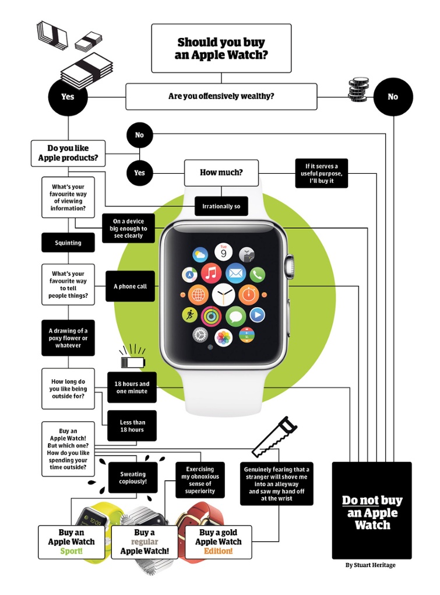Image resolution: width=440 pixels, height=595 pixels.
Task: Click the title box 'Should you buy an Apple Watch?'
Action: click(221, 48)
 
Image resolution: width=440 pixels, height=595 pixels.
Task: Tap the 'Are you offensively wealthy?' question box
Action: click(221, 96)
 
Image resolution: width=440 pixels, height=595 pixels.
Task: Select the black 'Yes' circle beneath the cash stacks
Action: click(68, 96)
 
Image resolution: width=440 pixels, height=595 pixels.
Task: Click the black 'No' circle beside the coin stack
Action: click(393, 97)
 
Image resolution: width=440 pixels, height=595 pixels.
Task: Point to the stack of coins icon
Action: click(358, 90)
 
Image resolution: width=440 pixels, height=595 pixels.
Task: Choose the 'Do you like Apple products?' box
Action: click(68, 153)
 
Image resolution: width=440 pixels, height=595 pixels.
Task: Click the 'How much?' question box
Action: click(221, 173)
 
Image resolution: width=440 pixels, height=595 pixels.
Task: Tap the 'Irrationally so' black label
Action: click(221, 206)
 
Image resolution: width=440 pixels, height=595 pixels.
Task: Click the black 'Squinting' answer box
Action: click(68, 243)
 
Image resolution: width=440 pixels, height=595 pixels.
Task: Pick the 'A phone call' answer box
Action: click(130, 286)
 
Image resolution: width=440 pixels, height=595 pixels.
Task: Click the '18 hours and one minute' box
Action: click(132, 388)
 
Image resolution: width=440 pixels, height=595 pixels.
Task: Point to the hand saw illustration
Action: click(274, 437)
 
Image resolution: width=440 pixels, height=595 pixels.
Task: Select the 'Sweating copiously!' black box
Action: click(133, 478)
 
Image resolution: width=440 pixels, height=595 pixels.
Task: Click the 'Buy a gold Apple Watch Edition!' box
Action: click(219, 542)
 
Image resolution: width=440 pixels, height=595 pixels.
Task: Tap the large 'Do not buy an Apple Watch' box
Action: click(372, 510)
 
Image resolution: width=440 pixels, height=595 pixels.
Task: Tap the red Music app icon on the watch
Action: click(211, 273)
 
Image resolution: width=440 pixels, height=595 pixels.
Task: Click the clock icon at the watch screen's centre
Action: click(223, 294)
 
